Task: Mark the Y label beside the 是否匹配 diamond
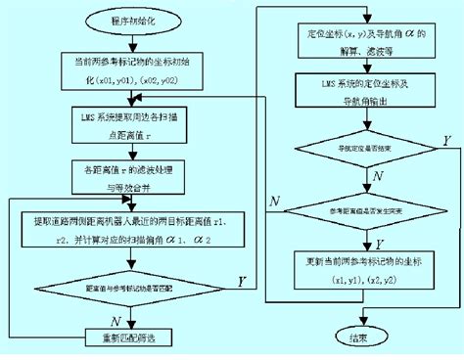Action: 241,281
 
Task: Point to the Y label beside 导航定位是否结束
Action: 446,138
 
